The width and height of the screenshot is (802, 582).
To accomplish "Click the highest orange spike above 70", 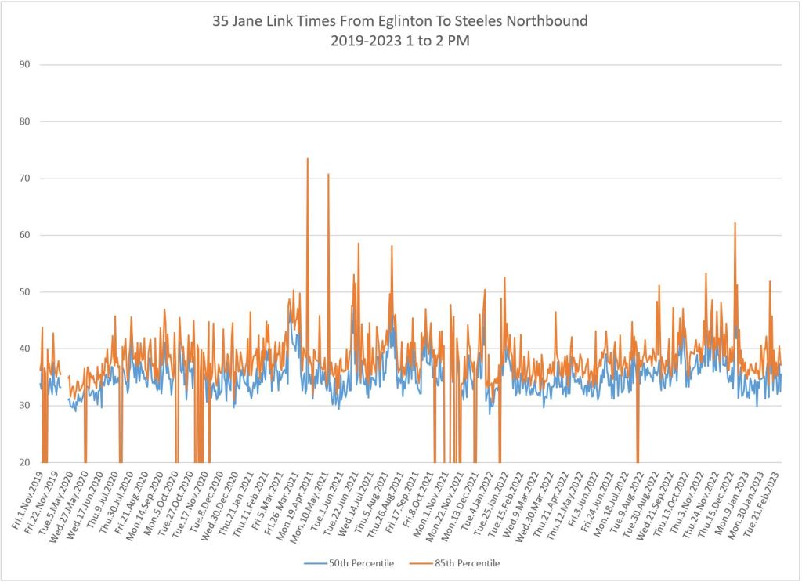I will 308,159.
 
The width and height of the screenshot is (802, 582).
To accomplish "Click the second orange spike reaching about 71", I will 328,175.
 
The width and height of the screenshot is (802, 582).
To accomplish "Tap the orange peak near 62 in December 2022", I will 735,224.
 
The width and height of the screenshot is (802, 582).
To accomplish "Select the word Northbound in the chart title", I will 548,21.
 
